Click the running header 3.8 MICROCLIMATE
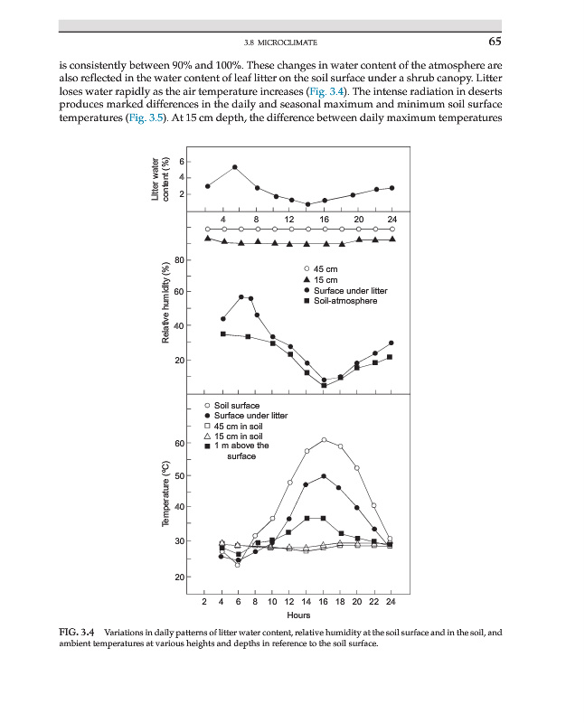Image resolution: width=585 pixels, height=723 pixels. tap(280, 42)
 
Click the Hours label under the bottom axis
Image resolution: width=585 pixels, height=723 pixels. tap(298, 615)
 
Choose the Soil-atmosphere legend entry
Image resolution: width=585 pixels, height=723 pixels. tap(344, 300)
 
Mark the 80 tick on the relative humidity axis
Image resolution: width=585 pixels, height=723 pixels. tap(179, 260)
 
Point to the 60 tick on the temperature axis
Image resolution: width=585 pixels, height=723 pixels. tap(178, 443)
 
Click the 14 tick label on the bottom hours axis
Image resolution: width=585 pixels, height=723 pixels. tap(307, 600)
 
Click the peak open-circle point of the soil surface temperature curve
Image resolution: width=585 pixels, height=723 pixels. tap(324, 440)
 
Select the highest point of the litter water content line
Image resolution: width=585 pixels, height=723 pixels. tap(235, 167)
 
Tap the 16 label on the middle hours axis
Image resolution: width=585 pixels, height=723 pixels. tap(324, 220)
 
